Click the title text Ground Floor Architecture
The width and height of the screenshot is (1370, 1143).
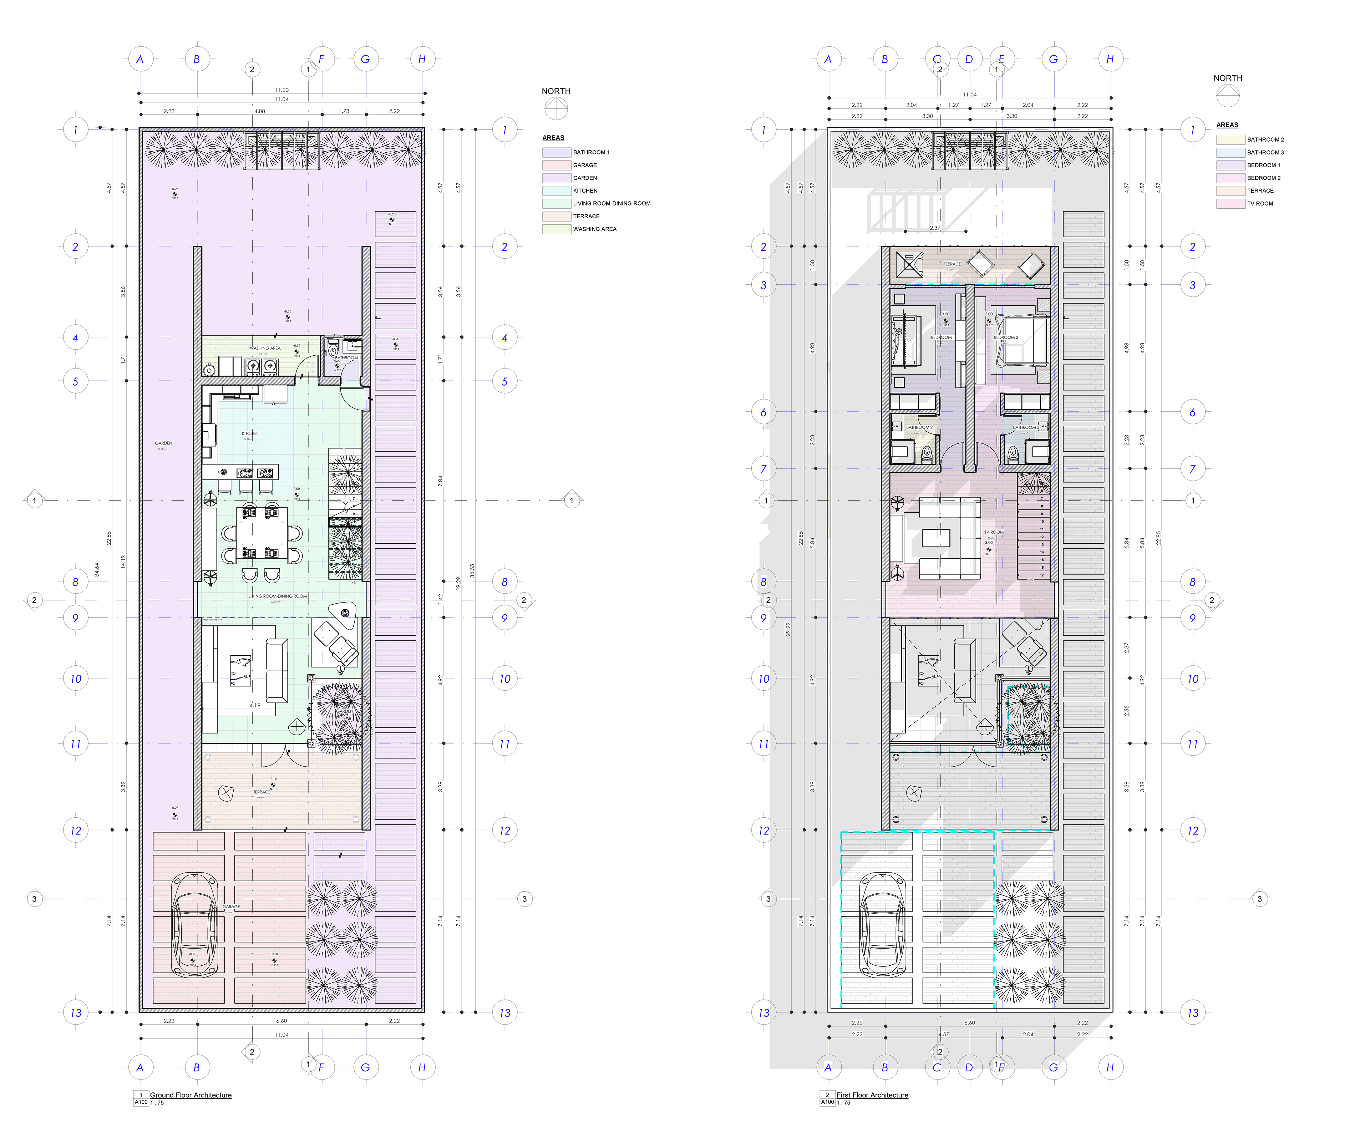[191, 1095]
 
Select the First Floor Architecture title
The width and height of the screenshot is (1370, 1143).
[872, 1095]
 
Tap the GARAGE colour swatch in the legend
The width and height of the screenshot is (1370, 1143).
[557, 165]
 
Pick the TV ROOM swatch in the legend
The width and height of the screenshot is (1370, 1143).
[1231, 204]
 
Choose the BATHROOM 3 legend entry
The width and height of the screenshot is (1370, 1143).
[1265, 152]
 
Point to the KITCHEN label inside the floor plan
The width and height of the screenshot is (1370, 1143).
[250, 433]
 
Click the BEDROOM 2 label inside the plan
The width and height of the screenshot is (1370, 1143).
[1006, 337]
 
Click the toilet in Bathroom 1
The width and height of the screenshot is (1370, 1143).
[333, 352]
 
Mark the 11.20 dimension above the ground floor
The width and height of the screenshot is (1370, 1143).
[281, 90]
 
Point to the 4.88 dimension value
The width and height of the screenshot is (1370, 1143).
[260, 111]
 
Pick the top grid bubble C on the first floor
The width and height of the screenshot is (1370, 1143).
[937, 59]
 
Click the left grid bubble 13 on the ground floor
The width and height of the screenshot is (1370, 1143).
[76, 1012]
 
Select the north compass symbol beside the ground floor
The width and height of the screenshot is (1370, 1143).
[556, 108]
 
